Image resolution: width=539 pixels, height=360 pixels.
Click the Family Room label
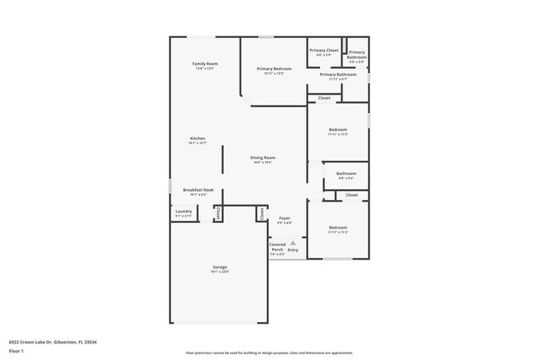coord(205,64)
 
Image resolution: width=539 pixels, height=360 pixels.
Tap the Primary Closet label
coord(324,51)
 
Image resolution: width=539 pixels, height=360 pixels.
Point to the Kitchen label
coord(197,139)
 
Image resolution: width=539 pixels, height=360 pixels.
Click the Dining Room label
coord(263,158)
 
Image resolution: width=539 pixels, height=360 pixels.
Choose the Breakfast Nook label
coord(198,190)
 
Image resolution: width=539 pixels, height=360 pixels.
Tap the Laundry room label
coord(183,212)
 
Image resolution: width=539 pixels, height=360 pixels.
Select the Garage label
coord(219,267)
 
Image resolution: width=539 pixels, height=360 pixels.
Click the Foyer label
coord(284,217)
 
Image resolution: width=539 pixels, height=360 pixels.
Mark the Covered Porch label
coord(277,247)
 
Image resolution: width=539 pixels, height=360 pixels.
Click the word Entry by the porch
coord(293,250)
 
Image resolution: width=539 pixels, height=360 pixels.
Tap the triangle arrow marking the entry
coord(293,242)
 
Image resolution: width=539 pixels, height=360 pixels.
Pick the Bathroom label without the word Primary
coord(346,173)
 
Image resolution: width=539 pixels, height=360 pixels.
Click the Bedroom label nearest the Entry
coord(337,227)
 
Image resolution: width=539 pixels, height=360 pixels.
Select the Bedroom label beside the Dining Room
coord(337,129)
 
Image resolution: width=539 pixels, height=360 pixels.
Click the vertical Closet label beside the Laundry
coord(217,213)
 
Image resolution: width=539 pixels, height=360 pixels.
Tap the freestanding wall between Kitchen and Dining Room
coord(221,158)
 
